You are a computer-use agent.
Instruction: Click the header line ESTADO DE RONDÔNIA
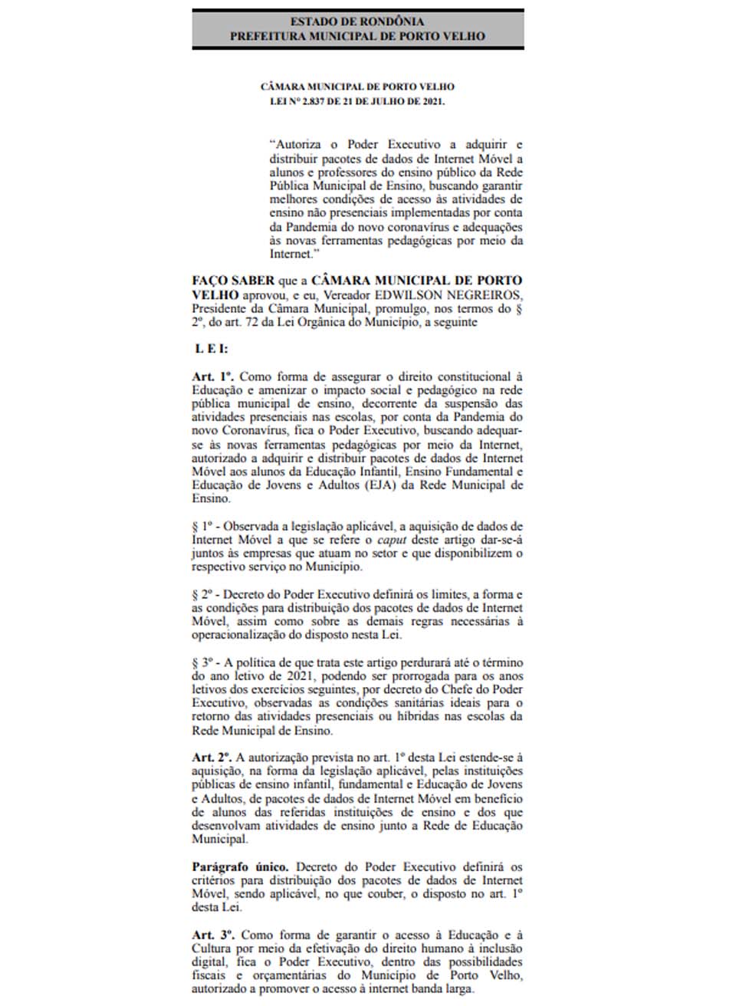[357, 21]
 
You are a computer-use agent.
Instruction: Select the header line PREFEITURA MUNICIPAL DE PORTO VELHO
[357, 35]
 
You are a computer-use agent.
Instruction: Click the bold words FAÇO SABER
[233, 281]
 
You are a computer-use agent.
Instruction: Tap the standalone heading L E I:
[211, 349]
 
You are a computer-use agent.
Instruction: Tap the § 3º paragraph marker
[202, 662]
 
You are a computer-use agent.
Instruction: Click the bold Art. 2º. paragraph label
[212, 757]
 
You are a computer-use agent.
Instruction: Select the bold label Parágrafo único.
[240, 866]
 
